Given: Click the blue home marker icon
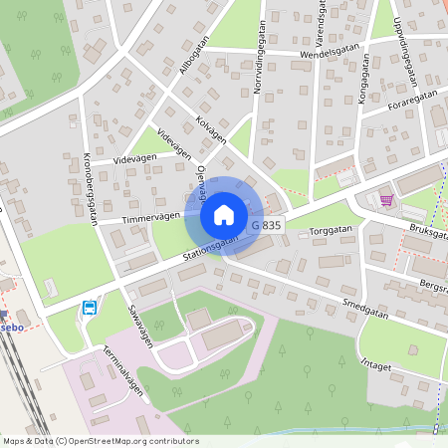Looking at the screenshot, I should tap(224, 214).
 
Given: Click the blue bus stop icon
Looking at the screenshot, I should tap(90, 308).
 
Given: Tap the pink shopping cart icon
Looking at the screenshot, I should tap(386, 200).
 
